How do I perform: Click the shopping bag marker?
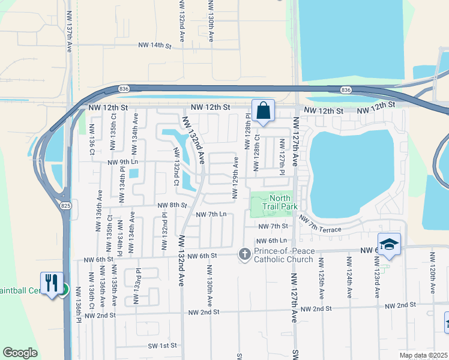[x=263, y=111]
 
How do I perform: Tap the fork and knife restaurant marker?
[x=51, y=283]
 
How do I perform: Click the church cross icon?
[x=244, y=254]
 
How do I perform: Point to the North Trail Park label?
[x=280, y=202]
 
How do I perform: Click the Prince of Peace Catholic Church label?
[x=283, y=255]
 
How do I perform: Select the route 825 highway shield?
[x=64, y=205]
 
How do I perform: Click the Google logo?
[x=20, y=352]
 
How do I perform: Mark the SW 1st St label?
[x=163, y=346]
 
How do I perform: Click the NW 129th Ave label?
[x=236, y=176]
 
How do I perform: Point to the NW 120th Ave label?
[x=432, y=272]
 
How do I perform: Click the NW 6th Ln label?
[x=276, y=241]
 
